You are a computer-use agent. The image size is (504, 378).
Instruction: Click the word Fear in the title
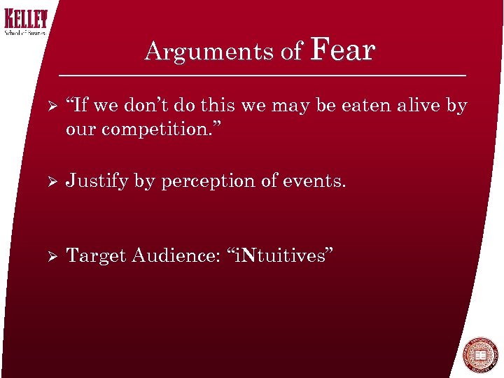(342, 50)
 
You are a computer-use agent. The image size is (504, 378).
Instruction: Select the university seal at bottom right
(480, 356)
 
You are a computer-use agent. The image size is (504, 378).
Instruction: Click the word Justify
(97, 181)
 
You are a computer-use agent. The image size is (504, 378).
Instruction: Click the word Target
(95, 257)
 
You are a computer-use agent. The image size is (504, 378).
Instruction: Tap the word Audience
(177, 256)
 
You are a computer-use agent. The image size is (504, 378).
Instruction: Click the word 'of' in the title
(290, 52)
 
